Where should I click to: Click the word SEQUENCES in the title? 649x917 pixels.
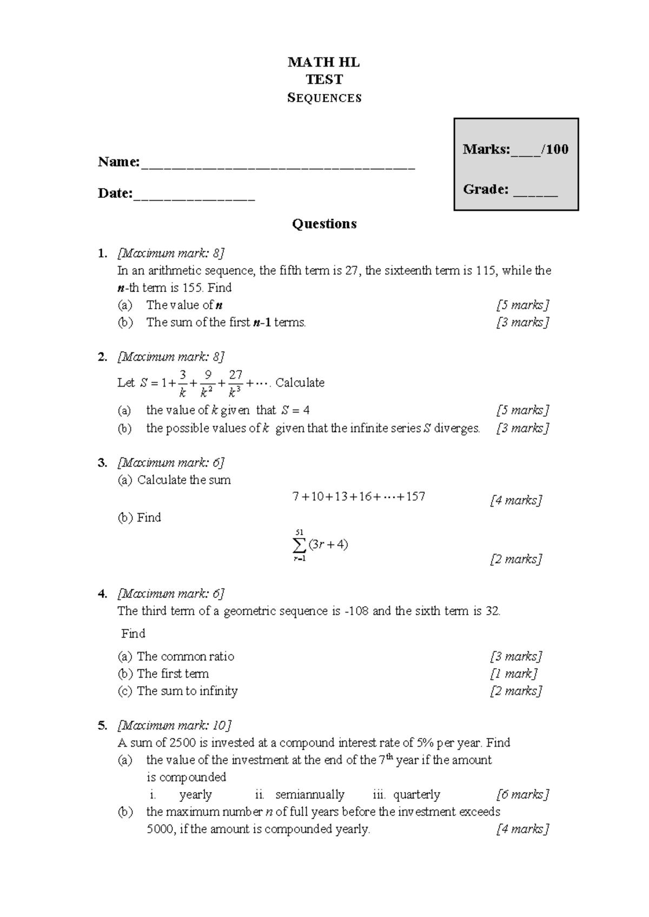[x=325, y=98]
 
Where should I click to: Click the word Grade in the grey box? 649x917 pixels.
[x=485, y=189]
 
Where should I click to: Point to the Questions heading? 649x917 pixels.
[x=324, y=224]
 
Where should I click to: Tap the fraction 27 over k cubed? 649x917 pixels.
[x=236, y=383]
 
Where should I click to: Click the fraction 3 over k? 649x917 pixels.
[x=183, y=383]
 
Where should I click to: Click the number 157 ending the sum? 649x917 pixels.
[x=415, y=496]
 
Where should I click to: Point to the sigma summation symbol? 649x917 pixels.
[x=299, y=544]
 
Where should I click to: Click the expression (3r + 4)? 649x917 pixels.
[x=328, y=544]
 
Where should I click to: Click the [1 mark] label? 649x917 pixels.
[x=514, y=674]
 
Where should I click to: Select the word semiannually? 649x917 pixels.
[x=309, y=795]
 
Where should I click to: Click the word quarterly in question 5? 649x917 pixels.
[x=416, y=795]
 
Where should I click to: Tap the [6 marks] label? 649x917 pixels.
[x=522, y=795]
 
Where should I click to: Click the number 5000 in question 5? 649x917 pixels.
[x=160, y=829]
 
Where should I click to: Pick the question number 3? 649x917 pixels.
[x=102, y=463]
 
